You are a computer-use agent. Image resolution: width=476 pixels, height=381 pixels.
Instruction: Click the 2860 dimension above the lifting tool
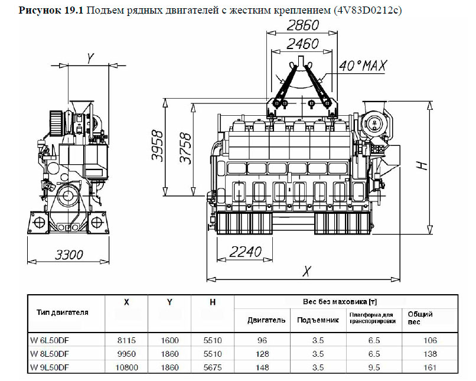[x=302, y=25]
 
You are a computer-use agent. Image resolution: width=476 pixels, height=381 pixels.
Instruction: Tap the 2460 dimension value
[x=302, y=44]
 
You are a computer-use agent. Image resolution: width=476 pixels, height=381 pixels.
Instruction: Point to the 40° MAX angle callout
[x=363, y=66]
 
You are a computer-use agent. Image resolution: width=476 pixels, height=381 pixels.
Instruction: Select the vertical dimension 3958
[x=157, y=146]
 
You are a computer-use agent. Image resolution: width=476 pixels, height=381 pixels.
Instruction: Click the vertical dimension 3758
[x=185, y=148]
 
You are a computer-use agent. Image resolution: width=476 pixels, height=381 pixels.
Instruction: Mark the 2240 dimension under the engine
[x=245, y=252]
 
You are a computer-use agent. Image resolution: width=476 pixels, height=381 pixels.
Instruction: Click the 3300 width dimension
[x=69, y=255]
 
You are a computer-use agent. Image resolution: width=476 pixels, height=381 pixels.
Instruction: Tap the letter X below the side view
[x=307, y=271]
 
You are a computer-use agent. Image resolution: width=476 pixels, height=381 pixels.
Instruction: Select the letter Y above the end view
[x=90, y=58]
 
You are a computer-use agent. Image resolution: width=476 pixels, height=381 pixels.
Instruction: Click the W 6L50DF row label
[x=50, y=340]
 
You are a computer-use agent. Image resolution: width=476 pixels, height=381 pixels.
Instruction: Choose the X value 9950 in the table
[x=126, y=354]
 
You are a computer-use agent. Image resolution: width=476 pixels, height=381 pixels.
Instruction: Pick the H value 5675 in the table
[x=213, y=367]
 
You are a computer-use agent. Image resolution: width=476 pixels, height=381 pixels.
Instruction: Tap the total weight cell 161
[x=430, y=367]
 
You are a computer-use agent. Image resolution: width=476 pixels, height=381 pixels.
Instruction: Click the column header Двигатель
[x=266, y=320]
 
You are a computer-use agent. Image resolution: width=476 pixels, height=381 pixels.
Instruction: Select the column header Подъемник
[x=318, y=320]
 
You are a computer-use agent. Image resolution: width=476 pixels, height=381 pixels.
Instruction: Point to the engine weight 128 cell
[x=262, y=354]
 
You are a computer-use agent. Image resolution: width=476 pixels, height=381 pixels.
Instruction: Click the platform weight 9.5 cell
[x=374, y=367]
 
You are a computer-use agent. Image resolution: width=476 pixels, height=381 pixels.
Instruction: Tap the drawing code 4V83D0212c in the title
[x=367, y=10]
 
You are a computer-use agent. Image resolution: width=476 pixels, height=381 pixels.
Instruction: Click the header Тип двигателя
[x=63, y=312]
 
